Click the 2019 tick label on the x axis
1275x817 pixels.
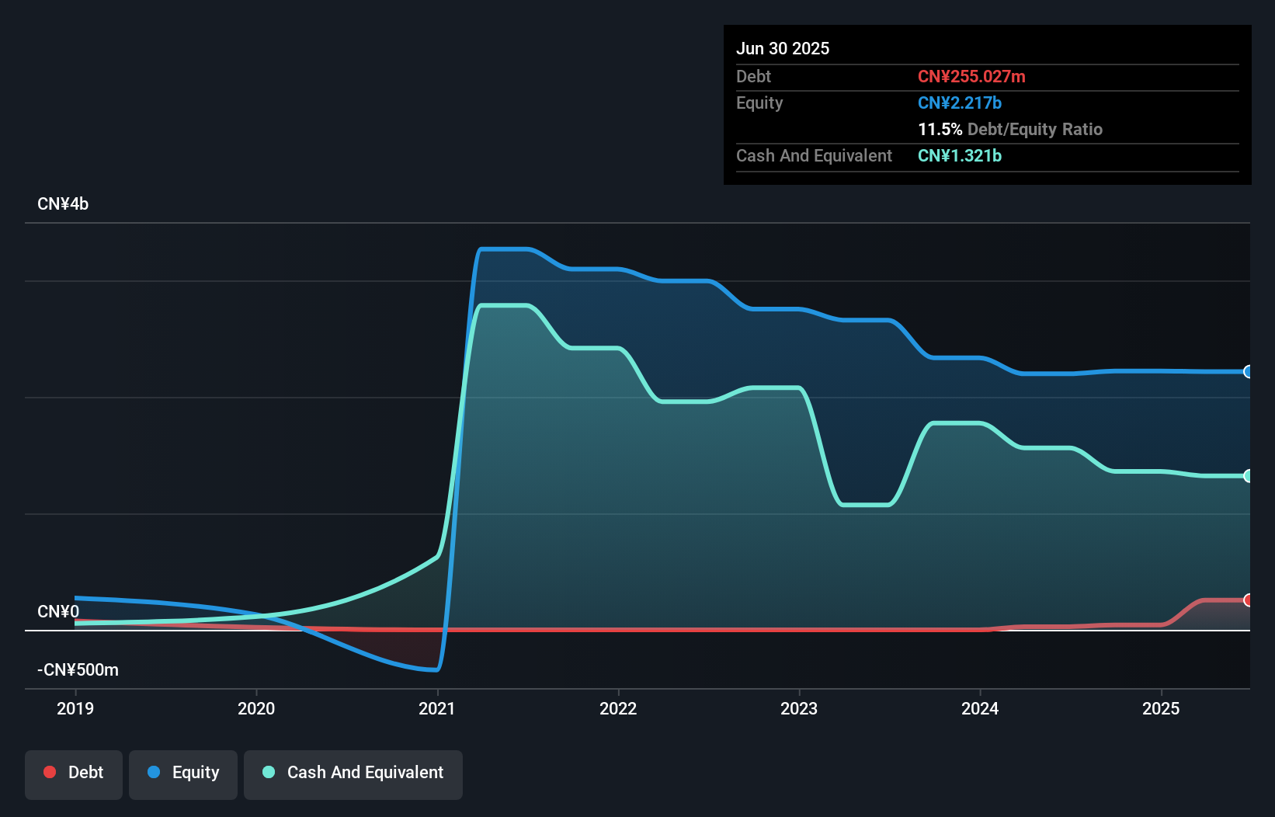pos(75,708)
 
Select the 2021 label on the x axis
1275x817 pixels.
pos(437,708)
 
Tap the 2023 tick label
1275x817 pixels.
pos(799,708)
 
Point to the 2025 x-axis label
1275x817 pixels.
pos(1161,708)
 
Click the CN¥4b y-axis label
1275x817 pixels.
pos(63,204)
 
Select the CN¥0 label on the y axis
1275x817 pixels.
pos(58,612)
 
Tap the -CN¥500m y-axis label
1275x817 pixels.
pos(78,670)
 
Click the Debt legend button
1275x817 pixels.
pos(74,773)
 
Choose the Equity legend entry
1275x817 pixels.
pos(183,773)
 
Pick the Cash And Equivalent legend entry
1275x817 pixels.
pos(353,773)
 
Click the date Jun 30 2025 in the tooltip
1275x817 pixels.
pos(783,49)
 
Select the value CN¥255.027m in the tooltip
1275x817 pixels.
pos(971,77)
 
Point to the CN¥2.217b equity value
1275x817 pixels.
pos(960,103)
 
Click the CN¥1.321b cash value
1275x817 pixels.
pos(960,156)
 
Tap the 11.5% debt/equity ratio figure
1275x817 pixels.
pos(940,130)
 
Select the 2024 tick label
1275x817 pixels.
pos(980,708)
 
